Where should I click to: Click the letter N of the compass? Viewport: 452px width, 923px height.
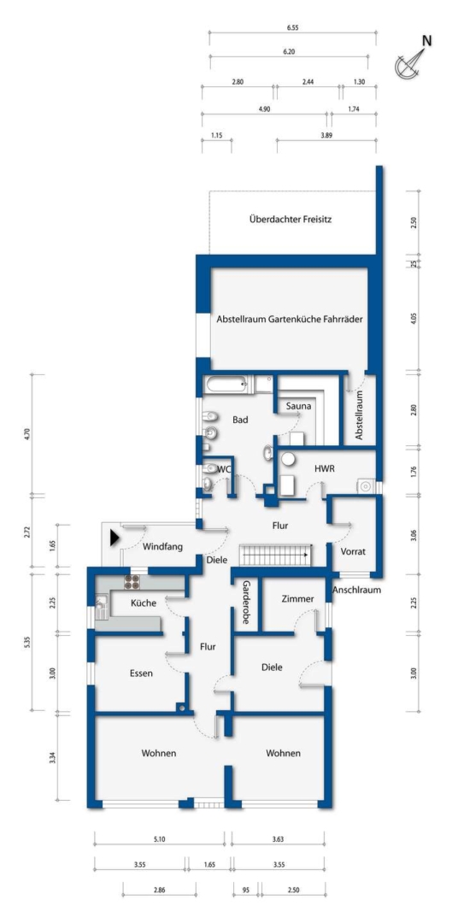click(x=428, y=41)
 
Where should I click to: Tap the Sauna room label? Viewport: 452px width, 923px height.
click(x=298, y=406)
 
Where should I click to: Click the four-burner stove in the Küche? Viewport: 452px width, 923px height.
click(x=132, y=582)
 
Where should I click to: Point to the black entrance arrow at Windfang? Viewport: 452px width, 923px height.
click(x=114, y=537)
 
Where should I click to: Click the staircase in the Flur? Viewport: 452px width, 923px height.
click(x=276, y=555)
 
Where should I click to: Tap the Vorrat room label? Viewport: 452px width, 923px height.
click(x=353, y=552)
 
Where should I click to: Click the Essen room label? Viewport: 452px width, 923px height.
click(x=141, y=673)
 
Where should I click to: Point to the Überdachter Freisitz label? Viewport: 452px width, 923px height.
click(x=291, y=220)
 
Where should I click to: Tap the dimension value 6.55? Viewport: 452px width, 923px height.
click(x=292, y=27)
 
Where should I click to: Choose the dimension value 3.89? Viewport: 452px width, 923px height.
click(x=326, y=135)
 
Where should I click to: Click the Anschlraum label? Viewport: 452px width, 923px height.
click(x=357, y=591)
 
